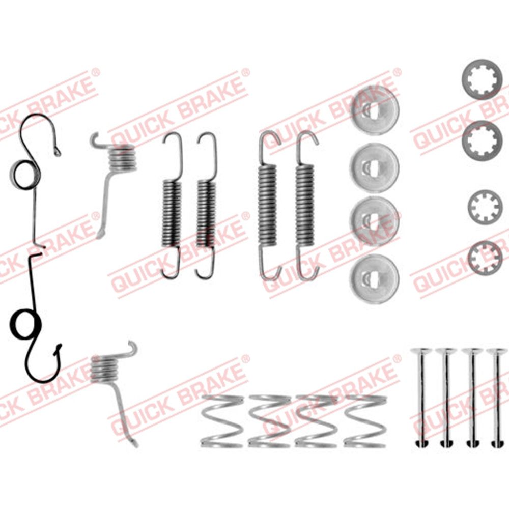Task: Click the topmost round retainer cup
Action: pyautogui.click(x=375, y=109)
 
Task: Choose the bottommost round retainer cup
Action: pyautogui.click(x=374, y=278)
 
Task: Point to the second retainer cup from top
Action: pyautogui.click(x=374, y=168)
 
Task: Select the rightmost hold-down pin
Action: pyautogui.click(x=497, y=398)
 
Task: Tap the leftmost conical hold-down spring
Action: pyautogui.click(x=222, y=421)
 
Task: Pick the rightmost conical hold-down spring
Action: pyautogui.click(x=365, y=421)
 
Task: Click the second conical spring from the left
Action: pyautogui.click(x=269, y=421)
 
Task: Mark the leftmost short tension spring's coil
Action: pyautogui.click(x=171, y=213)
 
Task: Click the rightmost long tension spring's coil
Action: pyautogui.click(x=305, y=205)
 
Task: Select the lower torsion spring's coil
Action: pyautogui.click(x=103, y=369)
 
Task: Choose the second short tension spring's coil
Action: pyautogui.click(x=206, y=213)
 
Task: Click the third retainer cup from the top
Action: pyautogui.click(x=374, y=221)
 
